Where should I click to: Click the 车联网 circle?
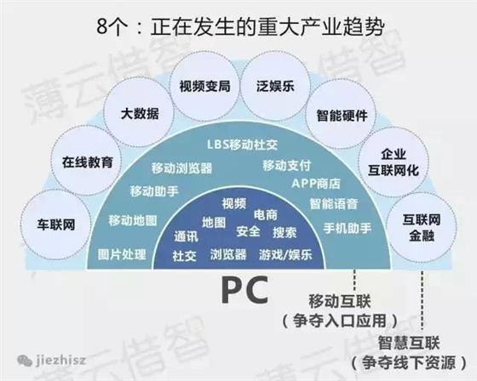point(56,225)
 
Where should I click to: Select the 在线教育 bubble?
point(87,161)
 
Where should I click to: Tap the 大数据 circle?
point(140,113)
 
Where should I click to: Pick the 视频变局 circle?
point(204,86)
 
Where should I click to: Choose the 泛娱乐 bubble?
point(276,86)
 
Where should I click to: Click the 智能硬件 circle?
point(342,115)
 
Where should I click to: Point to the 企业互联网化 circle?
point(394,162)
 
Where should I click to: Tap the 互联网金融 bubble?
point(422,227)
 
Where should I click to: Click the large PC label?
point(245,289)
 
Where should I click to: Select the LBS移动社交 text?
point(243,145)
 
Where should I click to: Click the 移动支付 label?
point(286,166)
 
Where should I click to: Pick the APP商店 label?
point(316,184)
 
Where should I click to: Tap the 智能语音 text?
point(334,204)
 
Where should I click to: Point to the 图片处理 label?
point(122,254)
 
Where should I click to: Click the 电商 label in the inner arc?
point(266,215)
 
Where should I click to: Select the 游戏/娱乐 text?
point(285,254)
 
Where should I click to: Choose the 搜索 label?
point(284,233)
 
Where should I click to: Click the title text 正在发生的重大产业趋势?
point(267,26)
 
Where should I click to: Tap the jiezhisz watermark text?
point(60,361)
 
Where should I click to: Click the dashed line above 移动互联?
point(354,280)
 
